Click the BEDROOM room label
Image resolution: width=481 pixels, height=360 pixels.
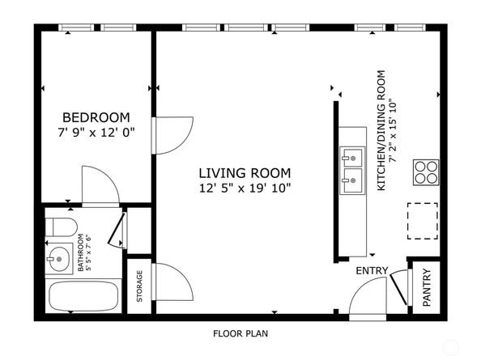(x=96, y=117)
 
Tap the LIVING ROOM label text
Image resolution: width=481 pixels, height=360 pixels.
(x=245, y=173)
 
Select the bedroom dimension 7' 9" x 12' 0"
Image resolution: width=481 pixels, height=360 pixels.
(x=96, y=133)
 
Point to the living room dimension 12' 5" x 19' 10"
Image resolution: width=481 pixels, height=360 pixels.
(x=245, y=188)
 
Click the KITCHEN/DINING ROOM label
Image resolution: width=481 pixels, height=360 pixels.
(x=381, y=130)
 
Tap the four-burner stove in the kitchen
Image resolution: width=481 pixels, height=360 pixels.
(x=425, y=172)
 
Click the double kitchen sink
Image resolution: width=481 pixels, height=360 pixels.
(x=352, y=171)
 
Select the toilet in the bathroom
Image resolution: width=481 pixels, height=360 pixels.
(x=61, y=227)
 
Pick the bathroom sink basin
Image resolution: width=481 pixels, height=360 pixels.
(x=59, y=259)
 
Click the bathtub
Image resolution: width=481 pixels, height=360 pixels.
(x=83, y=297)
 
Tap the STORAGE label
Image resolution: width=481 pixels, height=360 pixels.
(x=139, y=286)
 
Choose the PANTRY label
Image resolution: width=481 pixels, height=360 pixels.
(x=427, y=287)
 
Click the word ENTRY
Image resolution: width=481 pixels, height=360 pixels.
(x=372, y=271)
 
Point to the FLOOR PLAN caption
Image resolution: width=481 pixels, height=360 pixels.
(x=240, y=333)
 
